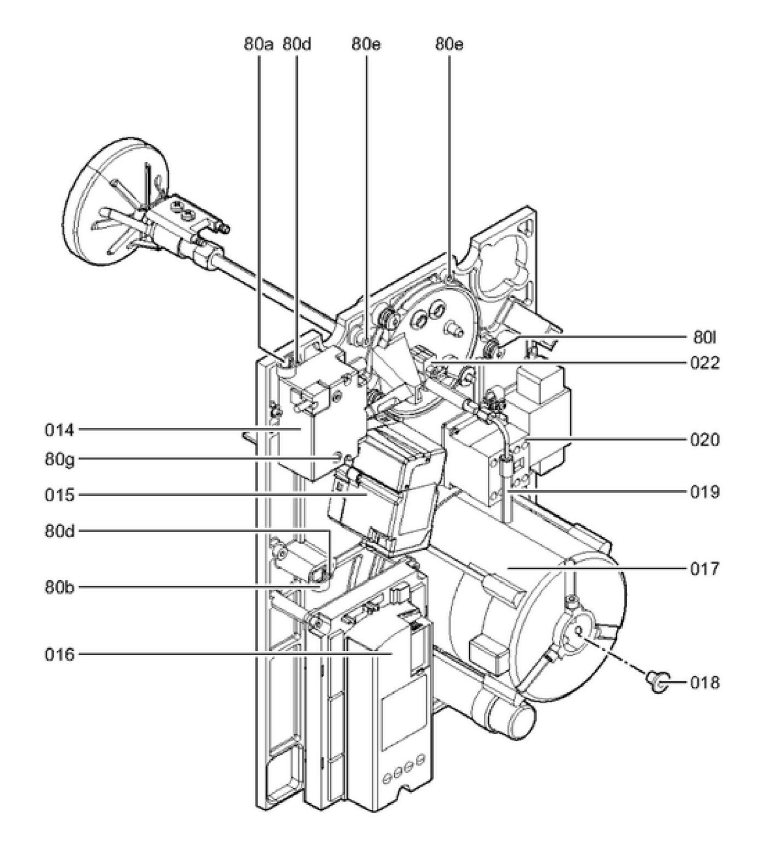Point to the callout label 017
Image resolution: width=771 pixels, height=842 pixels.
[x=704, y=569]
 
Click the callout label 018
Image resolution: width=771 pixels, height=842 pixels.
[x=704, y=682]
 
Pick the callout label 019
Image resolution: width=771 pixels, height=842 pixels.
[x=704, y=492]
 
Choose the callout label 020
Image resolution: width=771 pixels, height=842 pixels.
[x=704, y=439]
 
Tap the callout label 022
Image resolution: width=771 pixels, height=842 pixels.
[x=704, y=363]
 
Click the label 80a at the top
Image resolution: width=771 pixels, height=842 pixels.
[x=258, y=44]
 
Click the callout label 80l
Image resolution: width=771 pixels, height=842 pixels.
[x=704, y=338]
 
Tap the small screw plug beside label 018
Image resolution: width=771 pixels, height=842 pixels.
[x=655, y=681]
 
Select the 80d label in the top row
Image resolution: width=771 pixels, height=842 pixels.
[x=296, y=44]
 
